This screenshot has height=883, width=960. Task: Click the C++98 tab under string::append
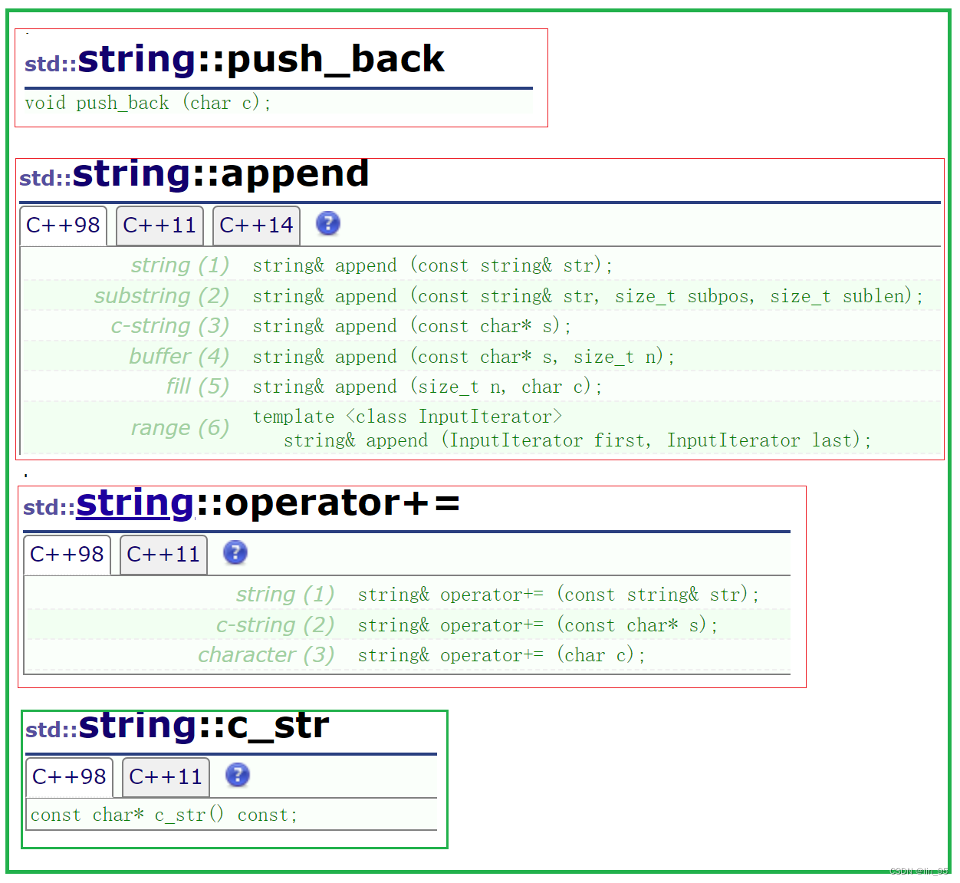(63, 226)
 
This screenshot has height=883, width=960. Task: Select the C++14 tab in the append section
(256, 226)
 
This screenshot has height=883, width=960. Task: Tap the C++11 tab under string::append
(159, 226)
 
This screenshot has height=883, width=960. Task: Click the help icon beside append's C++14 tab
(328, 224)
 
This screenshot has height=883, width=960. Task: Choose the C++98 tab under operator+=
(67, 555)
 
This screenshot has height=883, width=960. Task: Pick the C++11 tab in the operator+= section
(163, 555)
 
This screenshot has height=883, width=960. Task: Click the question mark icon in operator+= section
(235, 552)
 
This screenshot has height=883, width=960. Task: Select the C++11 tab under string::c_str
(166, 777)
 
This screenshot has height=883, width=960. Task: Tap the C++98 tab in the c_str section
(69, 777)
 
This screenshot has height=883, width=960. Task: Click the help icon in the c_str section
(238, 775)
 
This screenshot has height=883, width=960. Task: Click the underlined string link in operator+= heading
(135, 503)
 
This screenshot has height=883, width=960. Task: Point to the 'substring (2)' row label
(162, 296)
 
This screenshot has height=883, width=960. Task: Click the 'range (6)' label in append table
(180, 428)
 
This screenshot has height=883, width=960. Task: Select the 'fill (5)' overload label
(198, 387)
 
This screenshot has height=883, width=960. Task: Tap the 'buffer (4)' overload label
(179, 357)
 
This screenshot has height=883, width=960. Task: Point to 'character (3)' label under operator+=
(266, 655)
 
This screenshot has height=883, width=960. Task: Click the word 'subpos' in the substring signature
(720, 297)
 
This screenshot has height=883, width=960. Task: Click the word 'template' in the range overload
(294, 417)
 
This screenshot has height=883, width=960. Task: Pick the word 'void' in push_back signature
(45, 103)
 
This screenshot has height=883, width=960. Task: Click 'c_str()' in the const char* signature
(189, 815)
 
